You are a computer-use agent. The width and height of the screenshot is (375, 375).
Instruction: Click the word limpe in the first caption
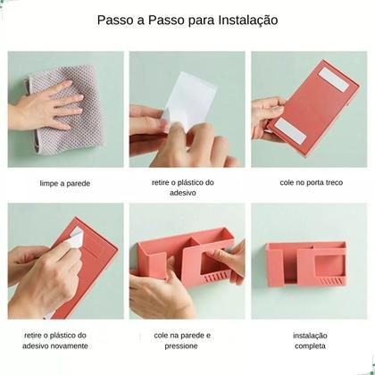[x=51, y=184]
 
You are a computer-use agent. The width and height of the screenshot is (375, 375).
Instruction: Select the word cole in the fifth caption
[x=162, y=336]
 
